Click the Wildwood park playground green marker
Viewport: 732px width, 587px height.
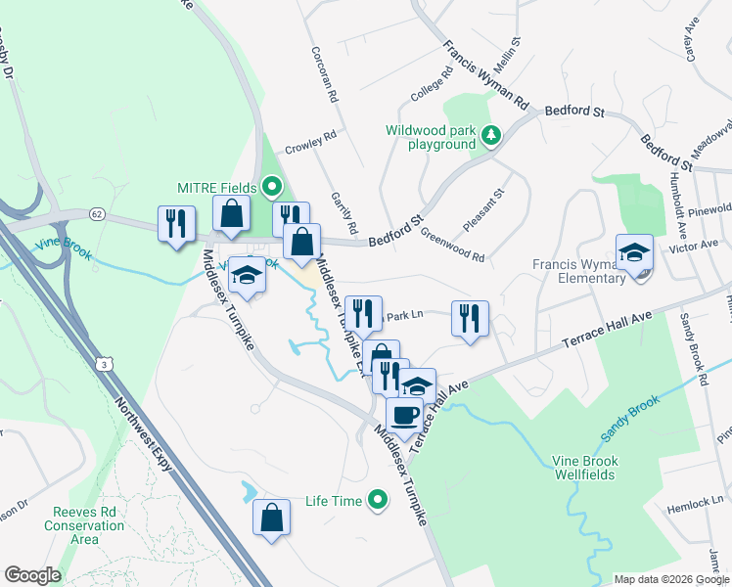pyautogui.click(x=492, y=136)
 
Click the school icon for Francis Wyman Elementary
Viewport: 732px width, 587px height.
pyautogui.click(x=633, y=252)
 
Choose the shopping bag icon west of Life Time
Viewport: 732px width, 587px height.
pyautogui.click(x=271, y=518)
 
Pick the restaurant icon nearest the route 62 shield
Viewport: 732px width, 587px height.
pyautogui.click(x=176, y=223)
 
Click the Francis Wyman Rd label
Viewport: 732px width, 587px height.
pyautogui.click(x=484, y=74)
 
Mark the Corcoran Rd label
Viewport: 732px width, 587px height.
pyautogui.click(x=324, y=75)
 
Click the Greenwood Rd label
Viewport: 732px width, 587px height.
pyautogui.click(x=452, y=246)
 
